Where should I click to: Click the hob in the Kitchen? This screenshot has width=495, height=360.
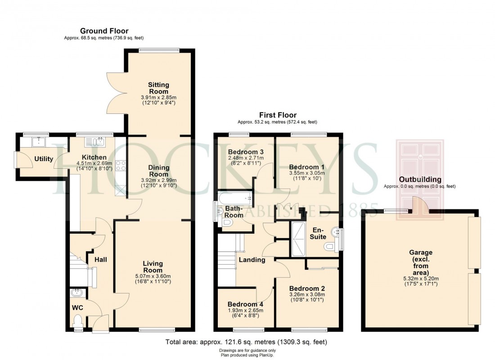(x=121, y=165)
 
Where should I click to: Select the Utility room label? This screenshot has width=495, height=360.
(x=44, y=159)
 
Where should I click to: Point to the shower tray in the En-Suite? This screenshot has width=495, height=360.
(x=298, y=237)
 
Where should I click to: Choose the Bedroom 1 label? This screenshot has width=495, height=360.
(x=307, y=166)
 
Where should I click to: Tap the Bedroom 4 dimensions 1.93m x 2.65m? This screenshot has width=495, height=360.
(x=245, y=310)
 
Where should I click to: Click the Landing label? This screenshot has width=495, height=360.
(x=252, y=260)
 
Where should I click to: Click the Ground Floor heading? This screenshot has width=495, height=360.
(x=104, y=31)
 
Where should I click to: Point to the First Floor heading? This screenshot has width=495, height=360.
(x=278, y=115)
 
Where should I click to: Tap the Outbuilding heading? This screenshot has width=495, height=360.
(x=419, y=180)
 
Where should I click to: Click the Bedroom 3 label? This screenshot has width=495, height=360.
(x=245, y=151)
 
